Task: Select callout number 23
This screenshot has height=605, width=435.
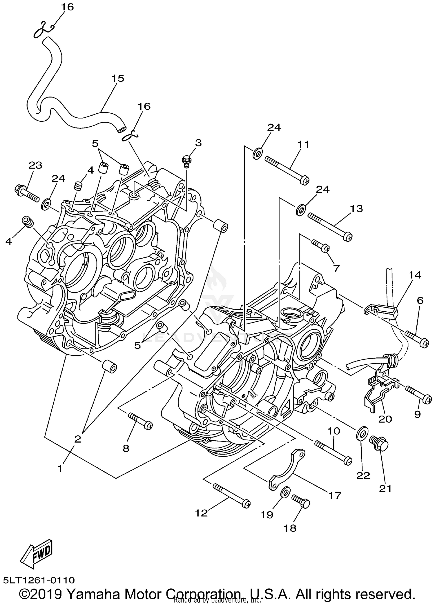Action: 35,166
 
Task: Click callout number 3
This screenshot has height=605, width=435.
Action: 198,143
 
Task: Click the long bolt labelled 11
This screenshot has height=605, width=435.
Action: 287,170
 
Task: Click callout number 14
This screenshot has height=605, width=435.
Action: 415,275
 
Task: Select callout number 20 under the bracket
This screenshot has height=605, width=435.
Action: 385,419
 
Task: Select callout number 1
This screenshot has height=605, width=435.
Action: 60,468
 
